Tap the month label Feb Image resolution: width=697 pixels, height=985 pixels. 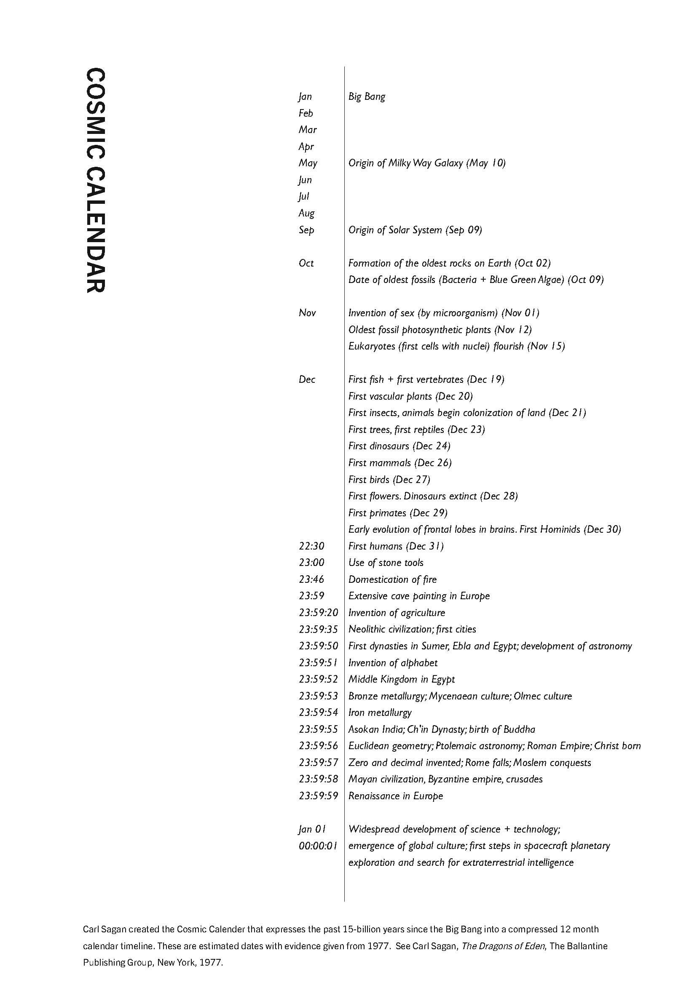306,113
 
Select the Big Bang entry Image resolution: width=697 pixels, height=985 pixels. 367,96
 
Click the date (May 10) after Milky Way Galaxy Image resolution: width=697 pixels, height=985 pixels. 486,163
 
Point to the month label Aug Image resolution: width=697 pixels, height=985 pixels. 306,213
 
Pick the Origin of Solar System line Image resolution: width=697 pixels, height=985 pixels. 415,230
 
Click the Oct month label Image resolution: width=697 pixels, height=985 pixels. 306,263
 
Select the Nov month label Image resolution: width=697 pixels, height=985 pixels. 307,313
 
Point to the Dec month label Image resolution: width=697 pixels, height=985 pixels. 307,379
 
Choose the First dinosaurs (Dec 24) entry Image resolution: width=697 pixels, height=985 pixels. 399,446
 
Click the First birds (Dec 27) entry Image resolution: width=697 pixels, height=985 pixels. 389,479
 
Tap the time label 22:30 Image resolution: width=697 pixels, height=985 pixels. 311,546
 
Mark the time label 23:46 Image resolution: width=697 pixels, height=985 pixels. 311,579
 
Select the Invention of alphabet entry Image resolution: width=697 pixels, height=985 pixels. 393,663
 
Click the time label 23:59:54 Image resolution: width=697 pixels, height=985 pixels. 319,713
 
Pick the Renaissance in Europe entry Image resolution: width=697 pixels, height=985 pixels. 395,796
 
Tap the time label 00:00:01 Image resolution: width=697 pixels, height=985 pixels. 318,846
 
